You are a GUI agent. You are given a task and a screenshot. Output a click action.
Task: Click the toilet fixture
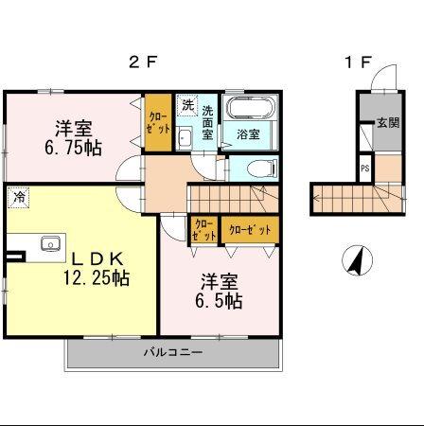256,169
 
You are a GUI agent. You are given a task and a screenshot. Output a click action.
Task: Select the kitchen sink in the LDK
51,244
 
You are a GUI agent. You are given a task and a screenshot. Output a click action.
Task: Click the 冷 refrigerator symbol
18,197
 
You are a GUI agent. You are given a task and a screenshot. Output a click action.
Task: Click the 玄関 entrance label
387,123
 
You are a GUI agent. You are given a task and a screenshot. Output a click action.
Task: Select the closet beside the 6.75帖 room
158,123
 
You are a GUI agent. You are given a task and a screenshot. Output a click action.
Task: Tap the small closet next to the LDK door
203,229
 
